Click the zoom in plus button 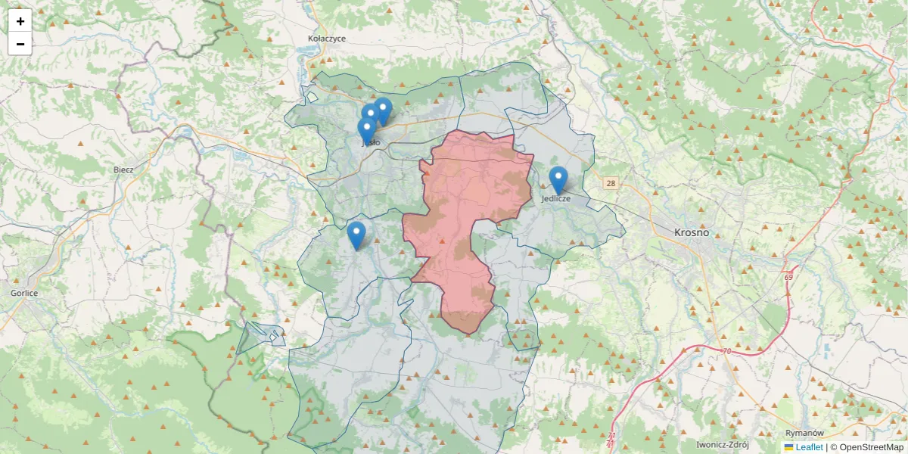point(20,21)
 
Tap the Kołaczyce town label point(327,38)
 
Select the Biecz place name point(123,169)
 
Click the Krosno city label point(692,232)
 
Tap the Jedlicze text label point(556,198)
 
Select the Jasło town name point(371,142)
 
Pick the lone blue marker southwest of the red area point(356,235)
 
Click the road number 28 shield point(611,183)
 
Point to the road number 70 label point(726,351)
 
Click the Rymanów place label point(804,433)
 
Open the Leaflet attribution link point(809,447)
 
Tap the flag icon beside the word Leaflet point(788,447)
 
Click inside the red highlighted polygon point(469,197)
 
